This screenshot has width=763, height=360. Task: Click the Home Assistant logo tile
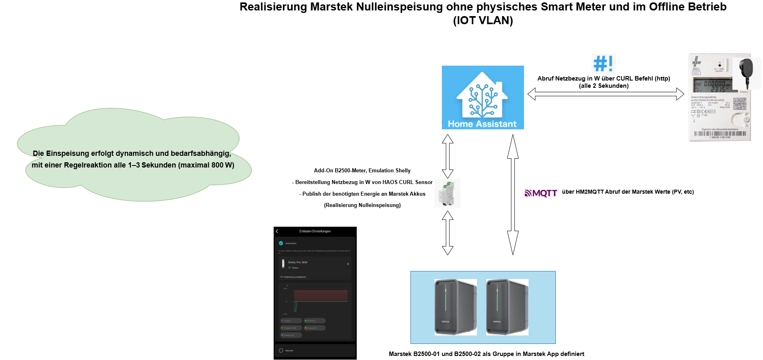pos(483,97)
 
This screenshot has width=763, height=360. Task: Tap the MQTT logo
pos(541,194)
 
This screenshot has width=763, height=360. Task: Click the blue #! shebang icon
pos(603,64)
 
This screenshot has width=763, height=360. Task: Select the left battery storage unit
pos(456,307)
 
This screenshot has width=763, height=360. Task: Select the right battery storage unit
pos(507,307)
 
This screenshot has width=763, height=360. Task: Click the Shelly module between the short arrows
pos(447,194)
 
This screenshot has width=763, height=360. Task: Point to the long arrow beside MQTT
pos(513,195)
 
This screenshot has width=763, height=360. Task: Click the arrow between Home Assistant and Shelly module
pos(447,156)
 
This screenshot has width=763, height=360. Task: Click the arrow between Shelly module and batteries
pos(447,233)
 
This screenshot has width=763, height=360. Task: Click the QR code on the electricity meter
pos(740,103)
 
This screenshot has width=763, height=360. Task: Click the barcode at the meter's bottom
pos(720,134)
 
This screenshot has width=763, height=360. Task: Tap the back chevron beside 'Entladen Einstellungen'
pos(277,231)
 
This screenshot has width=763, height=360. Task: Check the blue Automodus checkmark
pos(281,243)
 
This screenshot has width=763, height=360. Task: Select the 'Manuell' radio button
pos(281,351)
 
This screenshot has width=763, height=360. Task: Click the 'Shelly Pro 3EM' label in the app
pos(297,262)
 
